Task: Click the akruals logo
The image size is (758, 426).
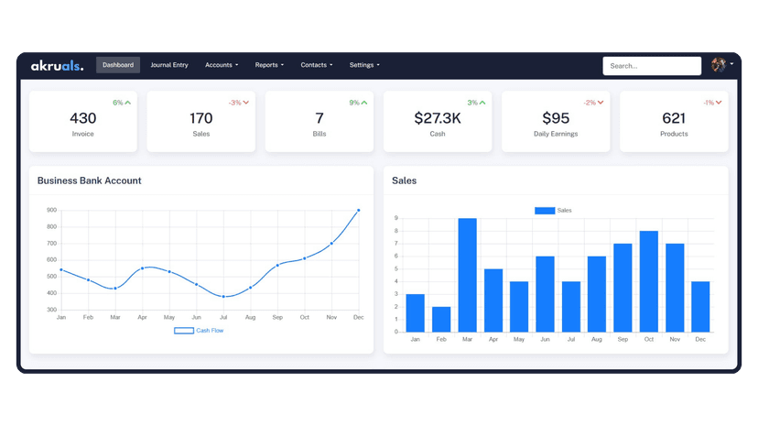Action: [x=57, y=66]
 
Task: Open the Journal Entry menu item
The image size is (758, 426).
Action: [x=169, y=65]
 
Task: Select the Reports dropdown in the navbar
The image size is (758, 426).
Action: [x=269, y=65]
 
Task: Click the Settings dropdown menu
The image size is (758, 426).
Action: [x=364, y=65]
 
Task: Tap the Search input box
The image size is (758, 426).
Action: [x=651, y=66]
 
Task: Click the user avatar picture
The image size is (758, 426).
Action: [x=719, y=65]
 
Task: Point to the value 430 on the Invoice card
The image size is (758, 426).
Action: [x=82, y=118]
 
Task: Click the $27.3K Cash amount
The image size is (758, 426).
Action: [x=437, y=118]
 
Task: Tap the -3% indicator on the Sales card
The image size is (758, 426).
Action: [x=239, y=103]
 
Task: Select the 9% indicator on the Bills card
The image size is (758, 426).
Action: [x=358, y=103]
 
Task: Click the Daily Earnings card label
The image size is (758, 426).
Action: [x=556, y=134]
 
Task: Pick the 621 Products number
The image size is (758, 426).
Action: [x=674, y=118]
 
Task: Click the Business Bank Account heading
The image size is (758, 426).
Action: [x=89, y=180]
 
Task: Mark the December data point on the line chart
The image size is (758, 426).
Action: [x=358, y=211]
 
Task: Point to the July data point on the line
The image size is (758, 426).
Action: [x=223, y=297]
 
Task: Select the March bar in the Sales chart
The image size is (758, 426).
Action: [x=467, y=275]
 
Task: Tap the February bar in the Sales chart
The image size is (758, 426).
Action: [x=441, y=319]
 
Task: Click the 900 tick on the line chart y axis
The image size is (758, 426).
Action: [x=51, y=211]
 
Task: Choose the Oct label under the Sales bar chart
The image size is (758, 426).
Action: [x=648, y=339]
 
